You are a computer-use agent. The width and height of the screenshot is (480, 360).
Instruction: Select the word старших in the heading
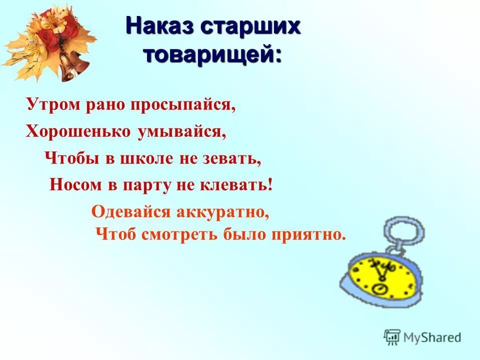click(x=250, y=25)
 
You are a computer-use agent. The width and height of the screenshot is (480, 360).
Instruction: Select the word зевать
click(x=233, y=158)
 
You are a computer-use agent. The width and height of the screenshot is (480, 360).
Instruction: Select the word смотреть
click(x=180, y=234)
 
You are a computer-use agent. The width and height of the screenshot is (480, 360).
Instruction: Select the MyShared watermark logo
click(x=422, y=337)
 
